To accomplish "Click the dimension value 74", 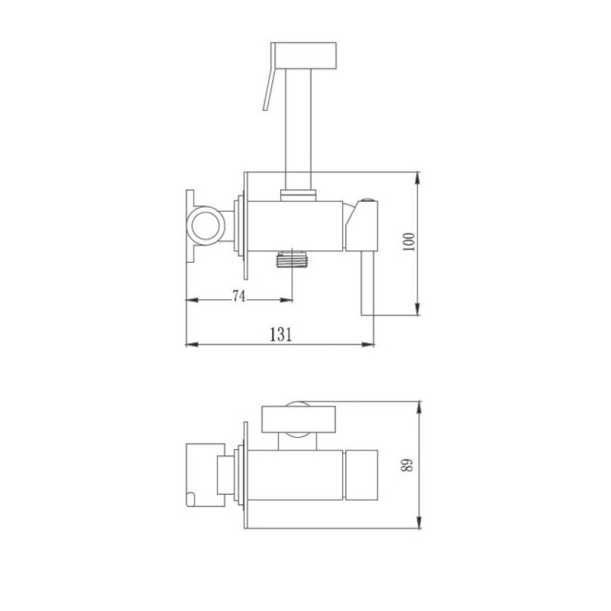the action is pyautogui.click(x=239, y=296).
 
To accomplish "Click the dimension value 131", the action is pyautogui.click(x=280, y=335).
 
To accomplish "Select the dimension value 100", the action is pyautogui.click(x=409, y=241).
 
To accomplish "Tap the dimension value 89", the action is pyautogui.click(x=407, y=464).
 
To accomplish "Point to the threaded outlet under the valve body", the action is pyautogui.click(x=293, y=260).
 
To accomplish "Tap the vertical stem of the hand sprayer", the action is pyautogui.click(x=299, y=129).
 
